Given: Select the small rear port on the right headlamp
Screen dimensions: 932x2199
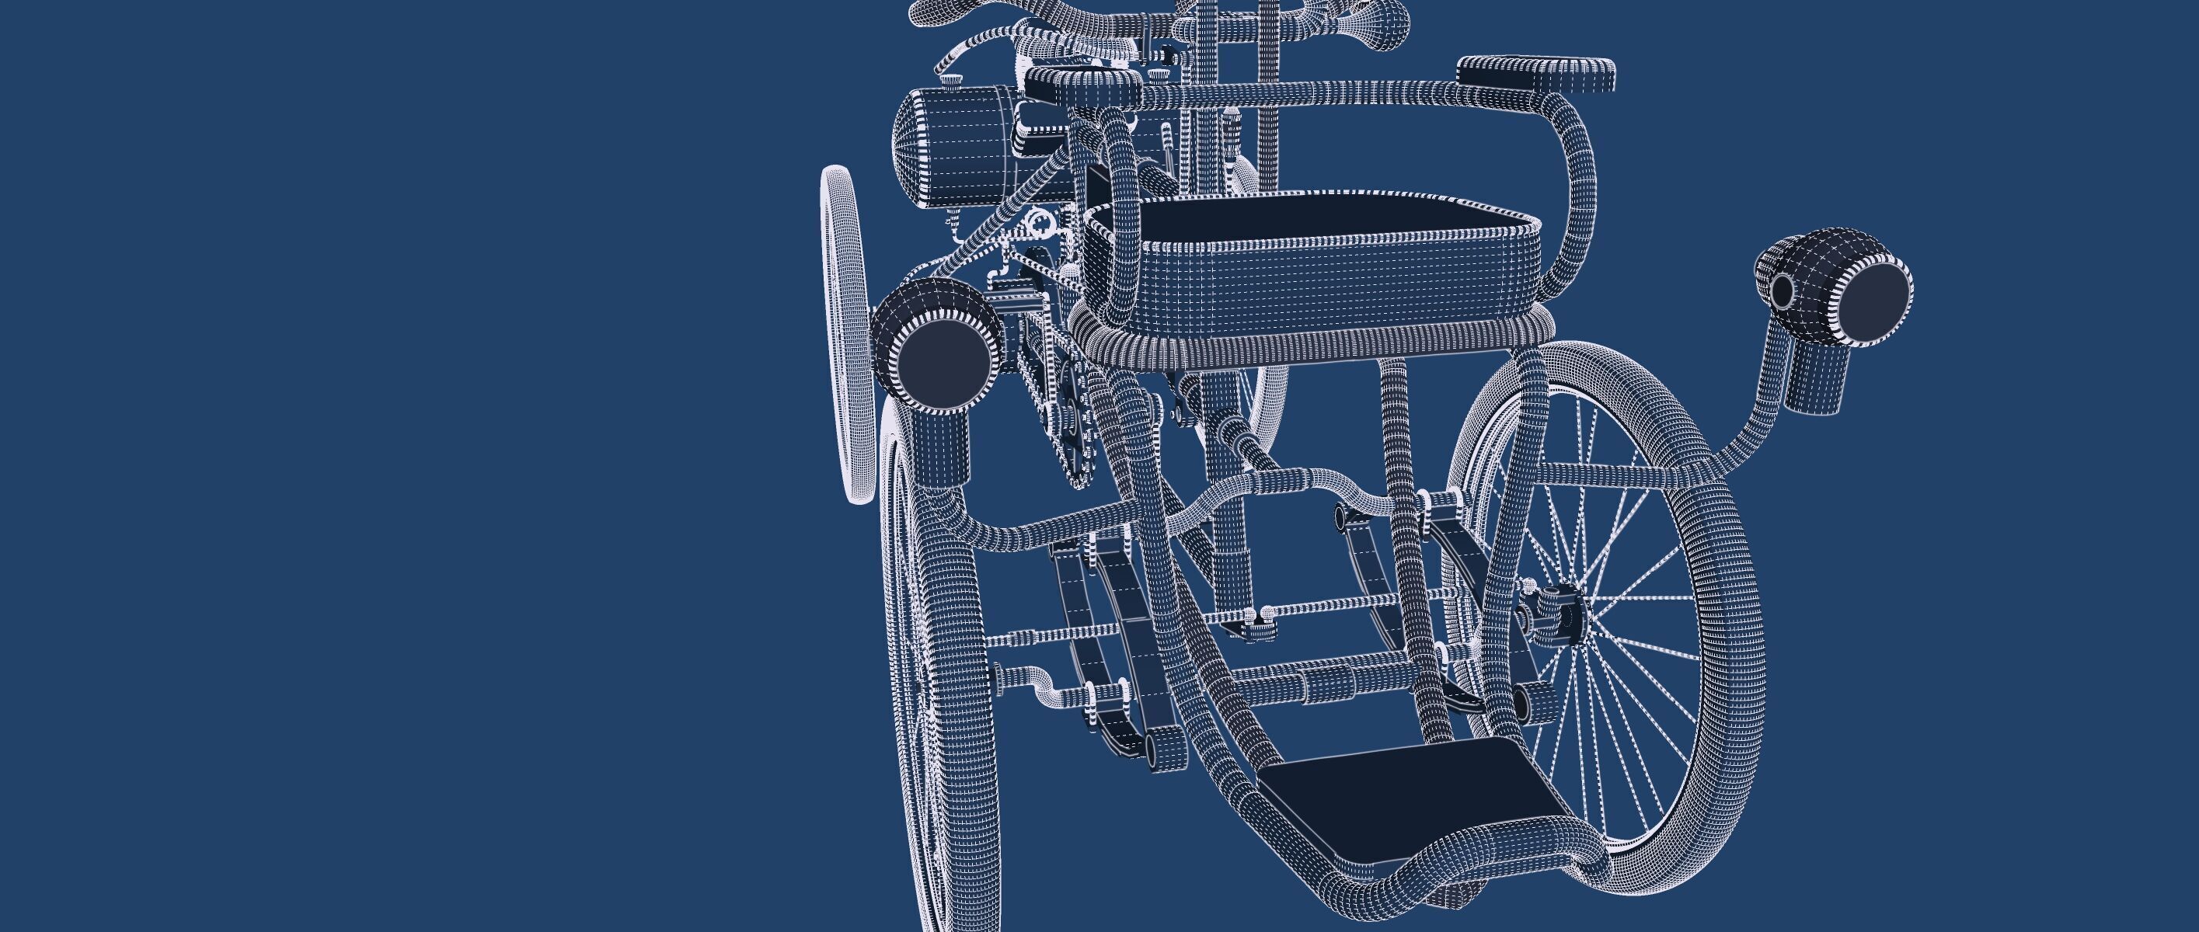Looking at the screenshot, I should [1783, 290].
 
